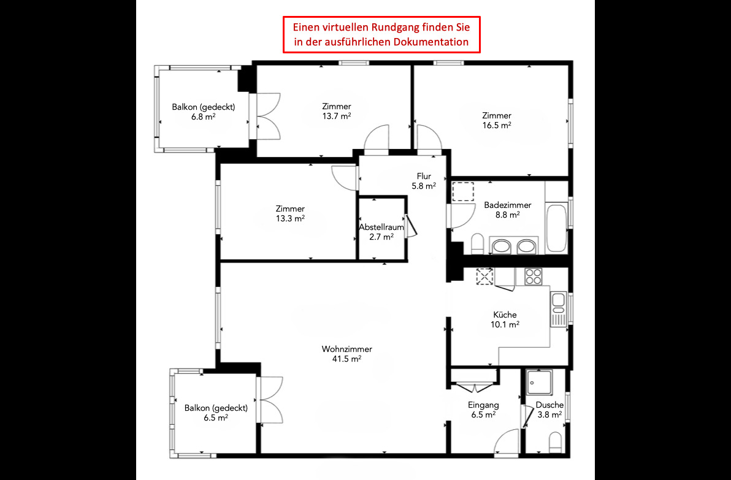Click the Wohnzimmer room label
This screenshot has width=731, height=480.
pyautogui.click(x=347, y=349)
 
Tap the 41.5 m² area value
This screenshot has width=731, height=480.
pyautogui.click(x=347, y=359)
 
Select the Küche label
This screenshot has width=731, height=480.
pyautogui.click(x=505, y=314)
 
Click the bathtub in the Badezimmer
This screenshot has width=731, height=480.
pyautogui.click(x=557, y=227)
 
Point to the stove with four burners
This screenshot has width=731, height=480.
pyautogui.click(x=533, y=276)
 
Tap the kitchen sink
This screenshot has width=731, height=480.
pyautogui.click(x=558, y=308)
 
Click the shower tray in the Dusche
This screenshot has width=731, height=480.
pyautogui.click(x=540, y=382)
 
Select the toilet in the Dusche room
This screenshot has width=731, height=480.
pyautogui.click(x=555, y=442)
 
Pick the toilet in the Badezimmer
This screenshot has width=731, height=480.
pyautogui.click(x=478, y=244)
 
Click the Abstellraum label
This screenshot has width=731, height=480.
pyautogui.click(x=381, y=227)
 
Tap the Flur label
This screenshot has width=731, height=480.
pyautogui.click(x=424, y=176)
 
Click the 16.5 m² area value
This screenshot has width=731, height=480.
pyautogui.click(x=497, y=125)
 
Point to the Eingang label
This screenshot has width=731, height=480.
pyautogui.click(x=483, y=405)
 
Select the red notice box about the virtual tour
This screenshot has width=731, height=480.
pyautogui.click(x=381, y=34)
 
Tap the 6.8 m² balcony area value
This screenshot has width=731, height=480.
pyautogui.click(x=203, y=117)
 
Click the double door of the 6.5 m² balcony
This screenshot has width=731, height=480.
pyautogui.click(x=271, y=399)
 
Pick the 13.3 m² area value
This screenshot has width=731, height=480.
pyautogui.click(x=290, y=219)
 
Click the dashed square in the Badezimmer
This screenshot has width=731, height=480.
pyautogui.click(x=463, y=191)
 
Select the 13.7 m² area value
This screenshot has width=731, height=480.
pyautogui.click(x=337, y=116)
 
